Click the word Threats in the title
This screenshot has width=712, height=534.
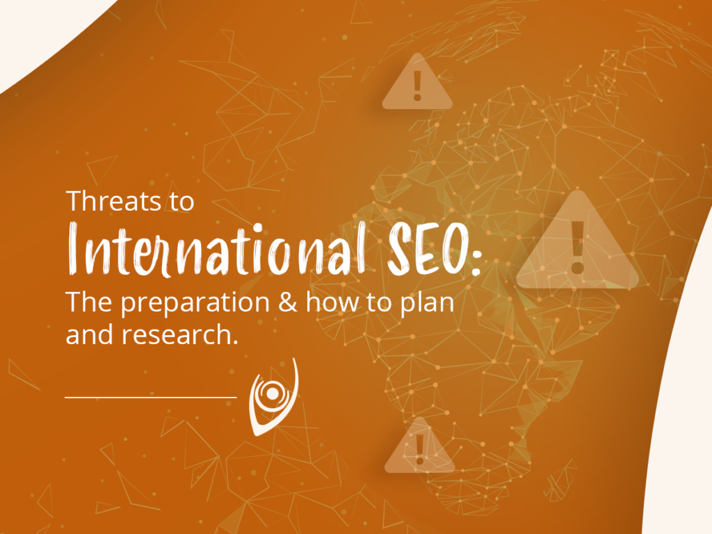[113, 201]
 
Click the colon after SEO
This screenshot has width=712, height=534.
[476, 262]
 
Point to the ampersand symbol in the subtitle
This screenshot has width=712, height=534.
[288, 302]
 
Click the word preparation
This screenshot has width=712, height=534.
[195, 304]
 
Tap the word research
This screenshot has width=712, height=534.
[180, 334]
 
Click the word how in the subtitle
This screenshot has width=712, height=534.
[332, 302]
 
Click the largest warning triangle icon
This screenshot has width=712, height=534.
[578, 241]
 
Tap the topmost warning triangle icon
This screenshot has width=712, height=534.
[417, 82]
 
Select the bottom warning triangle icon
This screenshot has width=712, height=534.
[419, 446]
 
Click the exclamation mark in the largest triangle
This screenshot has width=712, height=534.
[578, 248]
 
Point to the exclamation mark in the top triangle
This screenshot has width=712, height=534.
[418, 86]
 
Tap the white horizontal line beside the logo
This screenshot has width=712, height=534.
[151, 397]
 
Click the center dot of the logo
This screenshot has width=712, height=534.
[272, 394]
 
